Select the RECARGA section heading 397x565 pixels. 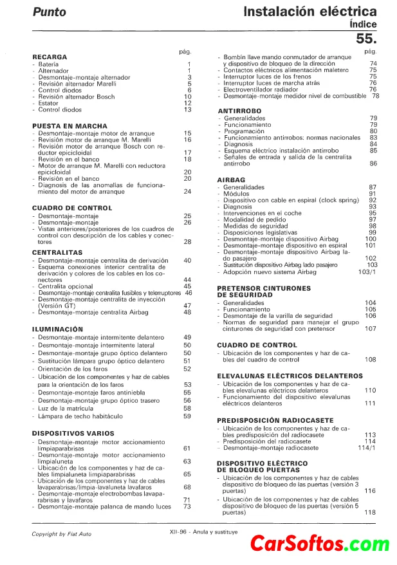[x=50, y=57]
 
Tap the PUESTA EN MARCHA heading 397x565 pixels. [x=69, y=126]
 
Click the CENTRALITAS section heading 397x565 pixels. [x=57, y=253]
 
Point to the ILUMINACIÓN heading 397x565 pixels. [x=58, y=329]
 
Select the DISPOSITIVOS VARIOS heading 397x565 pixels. [x=72, y=433]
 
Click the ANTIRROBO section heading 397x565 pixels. [x=239, y=111]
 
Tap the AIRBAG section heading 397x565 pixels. [x=232, y=180]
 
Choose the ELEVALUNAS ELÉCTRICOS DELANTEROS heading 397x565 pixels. [x=290, y=375]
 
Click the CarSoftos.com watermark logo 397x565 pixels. [x=320, y=544]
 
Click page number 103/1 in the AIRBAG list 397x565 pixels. [x=367, y=272]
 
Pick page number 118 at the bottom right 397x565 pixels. [x=370, y=512]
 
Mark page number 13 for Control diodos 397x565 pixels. [x=188, y=110]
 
